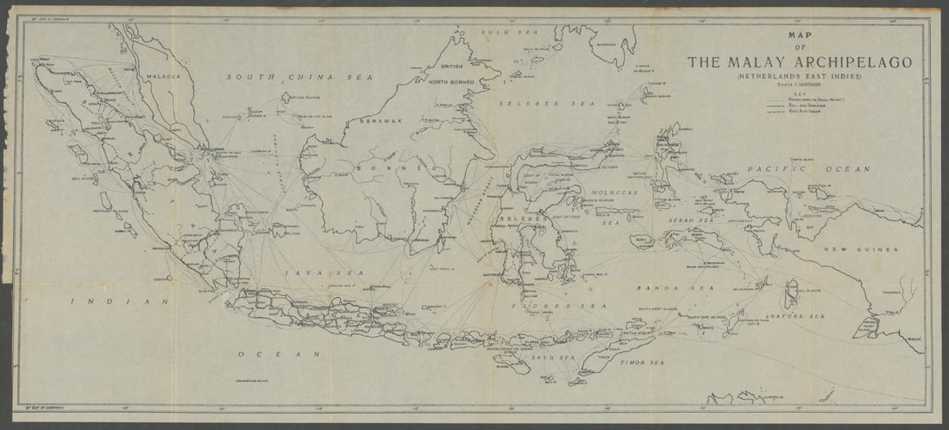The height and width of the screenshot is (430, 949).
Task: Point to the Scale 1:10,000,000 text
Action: coord(799,85)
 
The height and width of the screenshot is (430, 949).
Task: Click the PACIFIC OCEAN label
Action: coord(808,169)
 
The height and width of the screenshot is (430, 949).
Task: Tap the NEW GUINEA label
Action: coord(859,250)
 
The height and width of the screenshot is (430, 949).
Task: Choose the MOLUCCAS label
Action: coord(613,193)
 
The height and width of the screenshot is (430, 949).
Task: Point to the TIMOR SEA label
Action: coord(644,364)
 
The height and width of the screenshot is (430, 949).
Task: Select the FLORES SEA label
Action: coord(559,306)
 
